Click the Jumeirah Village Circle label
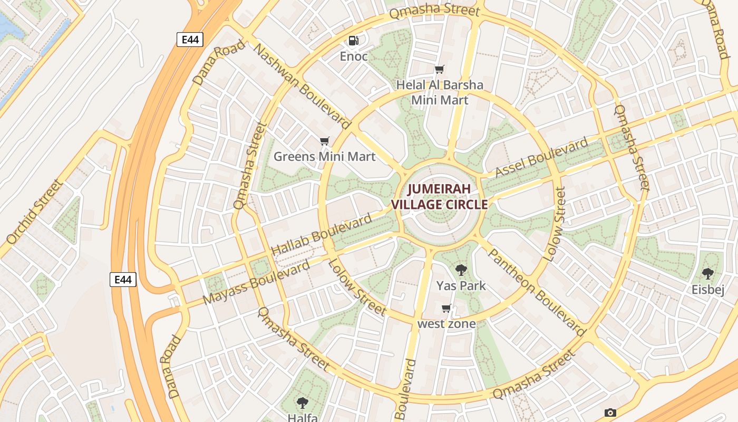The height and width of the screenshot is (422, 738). [x=439, y=196]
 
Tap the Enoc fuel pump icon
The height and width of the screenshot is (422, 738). [x=353, y=40]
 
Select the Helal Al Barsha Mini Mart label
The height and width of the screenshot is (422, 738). [x=439, y=92]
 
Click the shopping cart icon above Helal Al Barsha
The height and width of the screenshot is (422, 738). [x=439, y=69]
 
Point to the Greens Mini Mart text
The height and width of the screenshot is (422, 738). [x=324, y=157]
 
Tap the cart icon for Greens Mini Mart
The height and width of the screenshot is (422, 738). [x=325, y=141]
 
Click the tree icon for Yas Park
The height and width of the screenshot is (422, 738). [x=461, y=271]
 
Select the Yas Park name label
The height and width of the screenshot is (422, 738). [x=461, y=286]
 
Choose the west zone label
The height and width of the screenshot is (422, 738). [x=446, y=324]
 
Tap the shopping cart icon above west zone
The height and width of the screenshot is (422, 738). [x=446, y=309]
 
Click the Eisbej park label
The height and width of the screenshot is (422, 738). [x=708, y=290]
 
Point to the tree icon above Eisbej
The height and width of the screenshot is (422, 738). [x=707, y=274]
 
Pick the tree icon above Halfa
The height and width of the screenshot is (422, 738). [x=302, y=404]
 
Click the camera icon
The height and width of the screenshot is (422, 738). [x=610, y=413]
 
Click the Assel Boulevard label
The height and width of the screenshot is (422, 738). [x=541, y=157]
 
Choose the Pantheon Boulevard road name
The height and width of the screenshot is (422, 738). [x=536, y=292]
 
